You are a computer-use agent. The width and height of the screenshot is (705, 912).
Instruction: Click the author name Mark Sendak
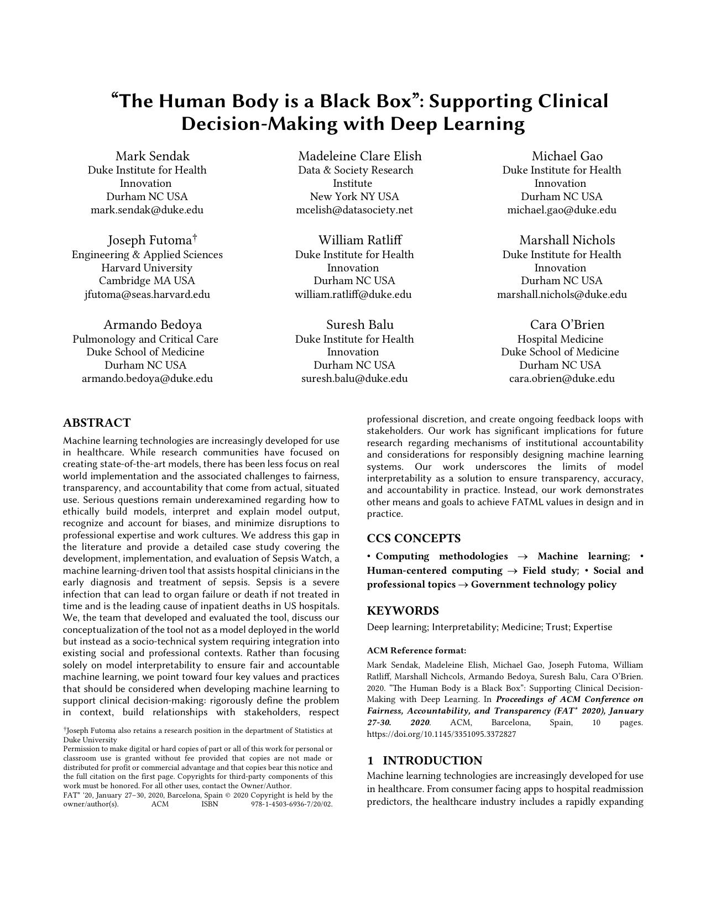[152, 156]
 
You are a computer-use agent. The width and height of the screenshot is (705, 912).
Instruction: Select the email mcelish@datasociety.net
[354, 210]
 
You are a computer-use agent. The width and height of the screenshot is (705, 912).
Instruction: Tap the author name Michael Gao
[567, 156]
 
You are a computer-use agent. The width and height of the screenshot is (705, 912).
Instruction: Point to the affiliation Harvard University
[147, 268]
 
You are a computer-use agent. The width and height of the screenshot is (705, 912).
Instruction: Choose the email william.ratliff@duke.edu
[353, 295]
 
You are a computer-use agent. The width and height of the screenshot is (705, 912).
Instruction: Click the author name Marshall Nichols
[567, 240]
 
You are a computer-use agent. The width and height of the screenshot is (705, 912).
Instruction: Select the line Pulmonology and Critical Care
[145, 339]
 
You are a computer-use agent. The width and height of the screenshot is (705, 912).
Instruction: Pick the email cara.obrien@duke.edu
[561, 379]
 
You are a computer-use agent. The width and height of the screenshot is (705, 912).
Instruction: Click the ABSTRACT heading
[97, 423]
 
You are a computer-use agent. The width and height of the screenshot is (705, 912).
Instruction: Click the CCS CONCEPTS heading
[414, 538]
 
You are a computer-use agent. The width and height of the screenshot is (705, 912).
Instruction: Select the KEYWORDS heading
[403, 611]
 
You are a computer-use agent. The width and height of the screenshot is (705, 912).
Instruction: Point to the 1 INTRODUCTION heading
[425, 761]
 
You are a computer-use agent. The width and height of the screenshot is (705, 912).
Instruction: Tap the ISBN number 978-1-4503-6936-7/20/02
[291, 804]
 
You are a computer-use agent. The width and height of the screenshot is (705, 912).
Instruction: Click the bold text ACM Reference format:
[416, 651]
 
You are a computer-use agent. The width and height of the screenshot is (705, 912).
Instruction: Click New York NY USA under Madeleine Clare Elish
[354, 197]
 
